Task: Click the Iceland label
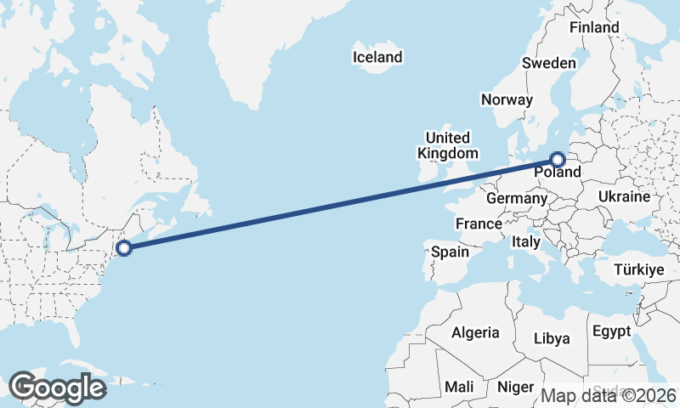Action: pyautogui.click(x=377, y=58)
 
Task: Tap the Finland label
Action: pyautogui.click(x=594, y=27)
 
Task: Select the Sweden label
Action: pyautogui.click(x=548, y=63)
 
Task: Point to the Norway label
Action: pyautogui.click(x=507, y=99)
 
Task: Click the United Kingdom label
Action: pyautogui.click(x=447, y=145)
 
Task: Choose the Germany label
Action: pyautogui.click(x=516, y=198)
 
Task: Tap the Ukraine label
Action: pyautogui.click(x=624, y=196)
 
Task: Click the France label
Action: pyautogui.click(x=478, y=224)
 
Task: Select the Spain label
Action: pyautogui.click(x=450, y=252)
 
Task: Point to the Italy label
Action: pyautogui.click(x=526, y=241)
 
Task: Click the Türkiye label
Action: pyautogui.click(x=637, y=269)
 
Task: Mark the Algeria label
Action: pyautogui.click(x=475, y=332)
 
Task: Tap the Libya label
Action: pyautogui.click(x=552, y=338)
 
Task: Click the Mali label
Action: pyautogui.click(x=459, y=387)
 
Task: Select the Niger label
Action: pyautogui.click(x=515, y=387)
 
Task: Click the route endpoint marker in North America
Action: pyautogui.click(x=124, y=248)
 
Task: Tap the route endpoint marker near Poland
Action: pyautogui.click(x=558, y=159)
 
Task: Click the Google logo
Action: pyautogui.click(x=57, y=388)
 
